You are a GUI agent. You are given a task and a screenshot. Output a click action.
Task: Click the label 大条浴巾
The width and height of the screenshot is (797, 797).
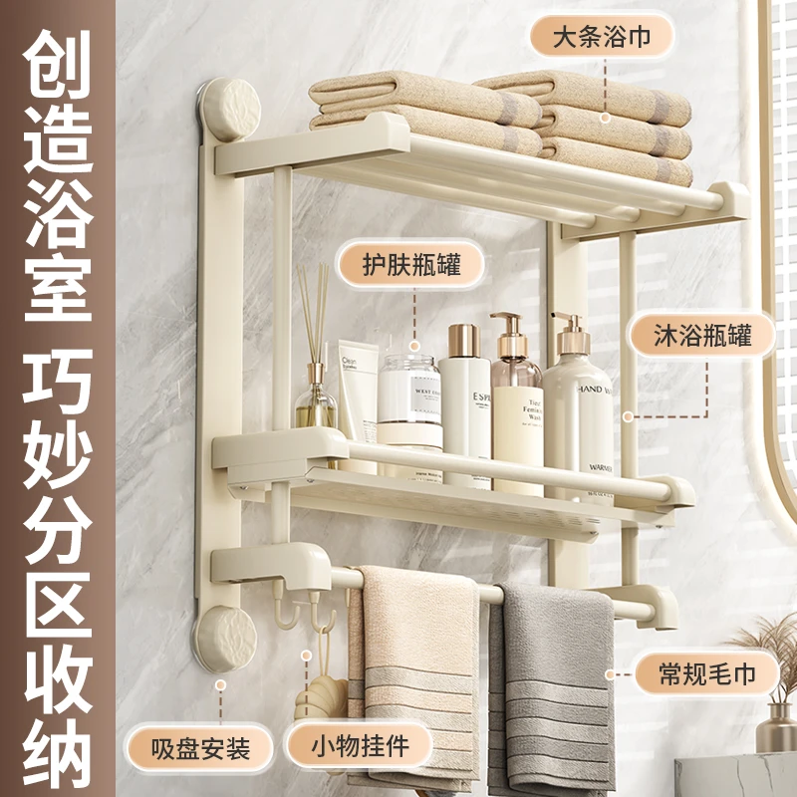[601, 37]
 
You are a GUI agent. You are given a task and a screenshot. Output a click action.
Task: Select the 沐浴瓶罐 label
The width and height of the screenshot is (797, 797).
[702, 336]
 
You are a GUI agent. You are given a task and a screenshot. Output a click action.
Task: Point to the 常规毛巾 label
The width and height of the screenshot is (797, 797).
[707, 674]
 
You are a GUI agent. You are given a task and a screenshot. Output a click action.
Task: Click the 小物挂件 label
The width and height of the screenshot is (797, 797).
[360, 745]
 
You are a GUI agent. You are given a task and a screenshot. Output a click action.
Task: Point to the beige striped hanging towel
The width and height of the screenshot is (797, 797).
[418, 677]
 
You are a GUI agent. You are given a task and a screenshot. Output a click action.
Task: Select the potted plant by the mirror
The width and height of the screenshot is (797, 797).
[772, 687]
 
